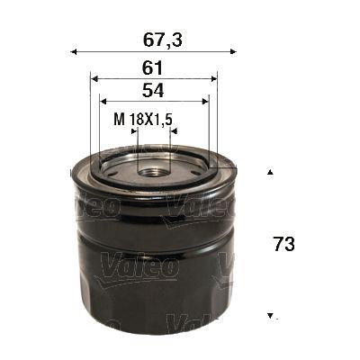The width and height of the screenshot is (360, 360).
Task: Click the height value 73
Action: coord(283,243)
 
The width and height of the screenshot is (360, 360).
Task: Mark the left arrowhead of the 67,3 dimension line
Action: coord(74,51)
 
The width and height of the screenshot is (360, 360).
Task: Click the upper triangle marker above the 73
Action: coord(269,170)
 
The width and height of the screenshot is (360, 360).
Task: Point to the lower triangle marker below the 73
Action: coord(269,316)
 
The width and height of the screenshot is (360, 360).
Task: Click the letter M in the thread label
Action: coord(118,117)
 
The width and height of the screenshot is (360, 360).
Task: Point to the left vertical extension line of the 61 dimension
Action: coord(91,117)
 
